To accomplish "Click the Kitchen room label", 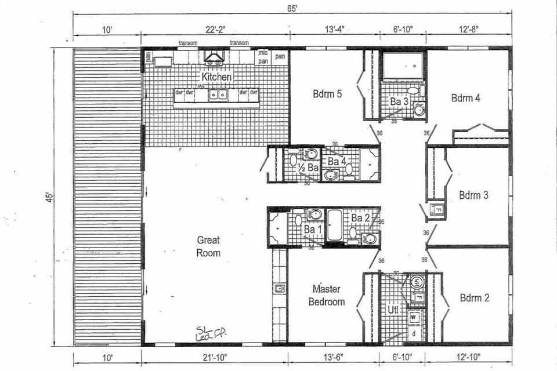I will click(217, 77).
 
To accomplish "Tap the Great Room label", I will click(208, 246).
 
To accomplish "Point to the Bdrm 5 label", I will click(328, 93).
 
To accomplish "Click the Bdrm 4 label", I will click(465, 98).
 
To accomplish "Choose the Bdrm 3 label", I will click(473, 195).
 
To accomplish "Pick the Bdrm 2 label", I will click(474, 298).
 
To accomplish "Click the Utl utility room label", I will click(393, 310).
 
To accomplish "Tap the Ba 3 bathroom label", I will click(399, 101).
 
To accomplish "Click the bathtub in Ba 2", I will click(335, 226).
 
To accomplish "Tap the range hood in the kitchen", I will click(213, 57).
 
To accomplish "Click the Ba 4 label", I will click(337, 161).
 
